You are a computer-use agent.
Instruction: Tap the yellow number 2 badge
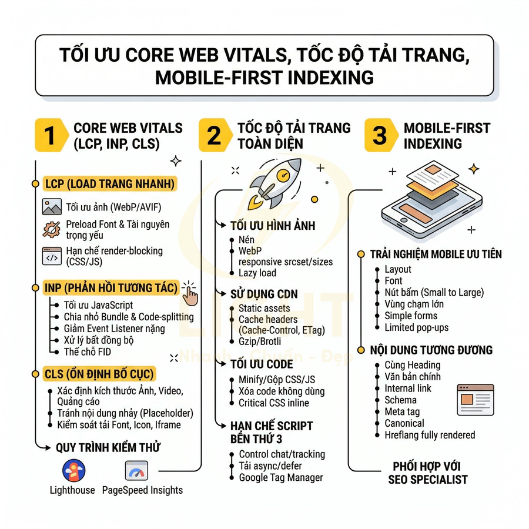coord(215,135)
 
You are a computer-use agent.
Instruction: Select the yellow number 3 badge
coord(380,135)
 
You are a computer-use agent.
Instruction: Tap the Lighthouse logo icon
coord(73,470)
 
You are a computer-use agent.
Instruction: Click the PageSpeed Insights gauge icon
coord(136,470)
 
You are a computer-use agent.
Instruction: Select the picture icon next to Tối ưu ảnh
coord(52,207)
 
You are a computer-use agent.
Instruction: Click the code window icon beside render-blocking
coord(52,256)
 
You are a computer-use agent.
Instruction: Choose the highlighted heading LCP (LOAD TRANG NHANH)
coord(109,185)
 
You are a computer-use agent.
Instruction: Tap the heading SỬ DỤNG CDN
coord(264,294)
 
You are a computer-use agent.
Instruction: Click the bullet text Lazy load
coord(257,273)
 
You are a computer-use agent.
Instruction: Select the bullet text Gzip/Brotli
coord(259,341)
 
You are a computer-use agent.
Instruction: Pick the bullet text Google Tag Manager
coord(280,477)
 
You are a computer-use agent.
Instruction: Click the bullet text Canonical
coord(404,423)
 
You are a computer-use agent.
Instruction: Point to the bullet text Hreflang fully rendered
coord(430,435)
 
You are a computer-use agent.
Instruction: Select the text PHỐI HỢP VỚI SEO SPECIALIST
coord(427,473)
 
